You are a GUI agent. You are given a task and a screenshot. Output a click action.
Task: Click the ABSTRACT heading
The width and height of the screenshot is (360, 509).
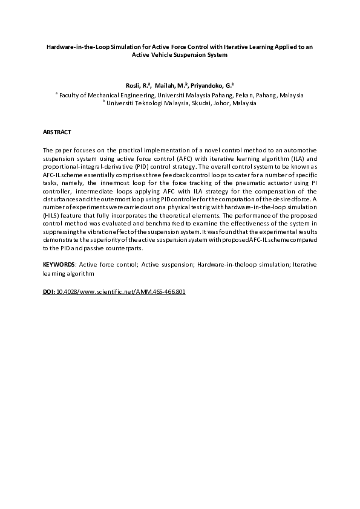[57, 131]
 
